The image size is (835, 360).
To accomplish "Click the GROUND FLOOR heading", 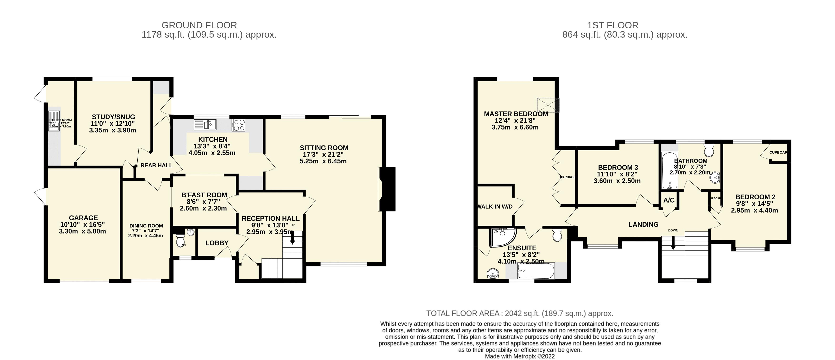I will [x=199, y=25].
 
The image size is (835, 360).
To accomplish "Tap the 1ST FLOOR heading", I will [x=612, y=25].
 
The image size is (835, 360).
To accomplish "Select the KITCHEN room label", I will [x=213, y=139].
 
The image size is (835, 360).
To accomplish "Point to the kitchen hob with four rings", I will [x=238, y=125].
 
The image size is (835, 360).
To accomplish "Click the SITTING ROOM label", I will [x=324, y=148].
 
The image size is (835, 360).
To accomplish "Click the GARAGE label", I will [x=83, y=218].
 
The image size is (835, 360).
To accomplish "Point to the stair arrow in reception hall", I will [x=292, y=239].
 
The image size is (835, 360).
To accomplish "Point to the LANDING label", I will [x=643, y=224].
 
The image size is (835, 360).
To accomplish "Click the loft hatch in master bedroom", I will [x=548, y=105].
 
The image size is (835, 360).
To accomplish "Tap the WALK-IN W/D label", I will [x=495, y=206].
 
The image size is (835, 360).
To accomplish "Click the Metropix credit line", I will [x=520, y=356].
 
